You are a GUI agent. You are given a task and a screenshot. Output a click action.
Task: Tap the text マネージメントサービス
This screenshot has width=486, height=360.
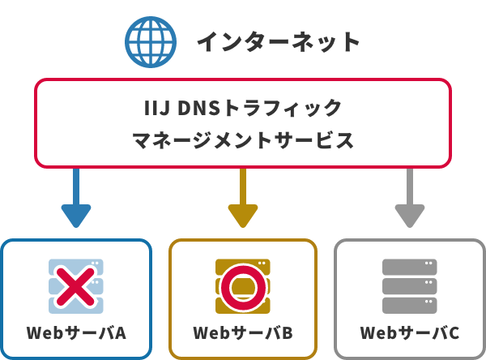tap(242, 139)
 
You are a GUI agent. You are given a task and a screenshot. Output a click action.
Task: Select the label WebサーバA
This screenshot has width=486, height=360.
tap(76, 333)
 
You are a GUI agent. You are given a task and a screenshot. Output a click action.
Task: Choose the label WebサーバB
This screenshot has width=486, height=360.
tap(242, 333)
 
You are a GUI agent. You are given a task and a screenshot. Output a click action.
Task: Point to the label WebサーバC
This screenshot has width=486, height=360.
tap(409, 333)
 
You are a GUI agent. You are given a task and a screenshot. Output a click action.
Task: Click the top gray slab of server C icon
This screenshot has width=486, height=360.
tap(409, 268)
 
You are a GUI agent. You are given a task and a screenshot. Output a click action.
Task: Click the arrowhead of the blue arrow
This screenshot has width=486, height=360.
tap(76, 216)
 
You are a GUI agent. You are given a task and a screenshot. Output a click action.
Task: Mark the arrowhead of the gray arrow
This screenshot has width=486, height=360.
tap(409, 216)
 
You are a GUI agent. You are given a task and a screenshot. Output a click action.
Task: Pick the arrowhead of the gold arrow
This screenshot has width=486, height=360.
tap(242, 216)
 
